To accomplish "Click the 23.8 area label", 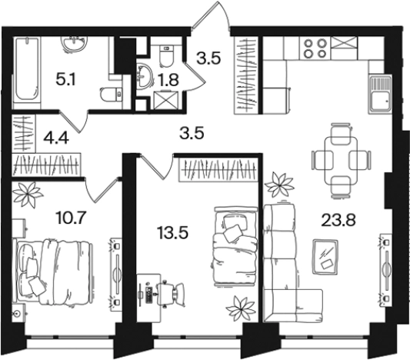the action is pos(338,220).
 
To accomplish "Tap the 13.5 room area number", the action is pos(172,232).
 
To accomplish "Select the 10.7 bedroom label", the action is pos(71,218).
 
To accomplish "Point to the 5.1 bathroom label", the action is pos(65,79).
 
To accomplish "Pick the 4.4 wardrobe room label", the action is pos(56,138).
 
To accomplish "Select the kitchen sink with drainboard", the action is pos(380,94).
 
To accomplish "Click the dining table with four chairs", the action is pos(341,161).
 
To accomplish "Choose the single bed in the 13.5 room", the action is pos(235,246).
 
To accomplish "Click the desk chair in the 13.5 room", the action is pos(172,293).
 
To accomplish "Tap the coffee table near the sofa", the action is pos(325,256).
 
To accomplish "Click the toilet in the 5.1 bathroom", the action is pos(111,94).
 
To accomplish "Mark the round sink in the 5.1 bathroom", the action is pos(75,44).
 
